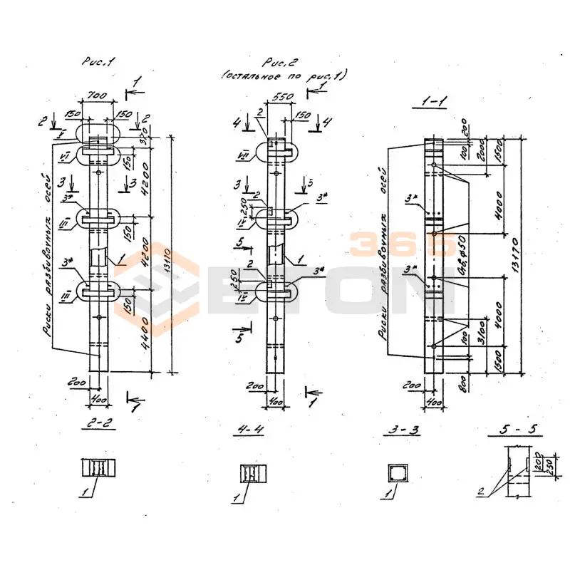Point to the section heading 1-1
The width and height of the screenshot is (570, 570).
pyautogui.click(x=429, y=103)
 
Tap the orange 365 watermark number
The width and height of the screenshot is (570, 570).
pyautogui.click(x=402, y=244)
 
